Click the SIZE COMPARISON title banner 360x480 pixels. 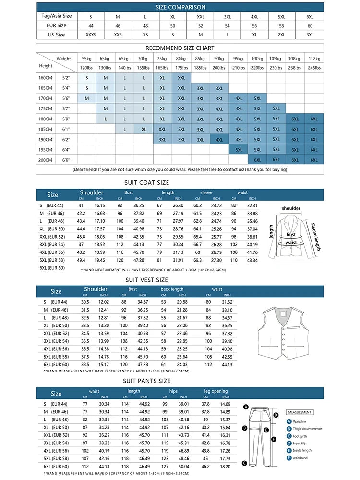tap(180, 7)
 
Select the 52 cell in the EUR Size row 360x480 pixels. tap(200, 25)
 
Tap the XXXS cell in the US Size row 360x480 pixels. tap(91, 35)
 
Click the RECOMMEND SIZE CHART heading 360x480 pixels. tap(180, 48)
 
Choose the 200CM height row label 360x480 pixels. tap(46, 160)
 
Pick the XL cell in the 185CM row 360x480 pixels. tap(144, 129)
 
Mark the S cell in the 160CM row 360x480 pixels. tap(87, 77)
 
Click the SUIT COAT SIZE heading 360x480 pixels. tap(147, 183)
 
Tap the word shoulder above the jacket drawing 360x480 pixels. tap(291, 208)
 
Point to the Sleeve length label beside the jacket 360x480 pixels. tap(315, 237)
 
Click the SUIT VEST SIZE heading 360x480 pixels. tap(147, 280)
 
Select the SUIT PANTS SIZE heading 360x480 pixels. tap(147, 381)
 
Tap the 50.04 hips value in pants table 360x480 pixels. tap(184, 466)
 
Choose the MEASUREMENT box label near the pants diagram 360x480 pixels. tap(300, 412)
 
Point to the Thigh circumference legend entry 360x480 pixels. tap(307, 429)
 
